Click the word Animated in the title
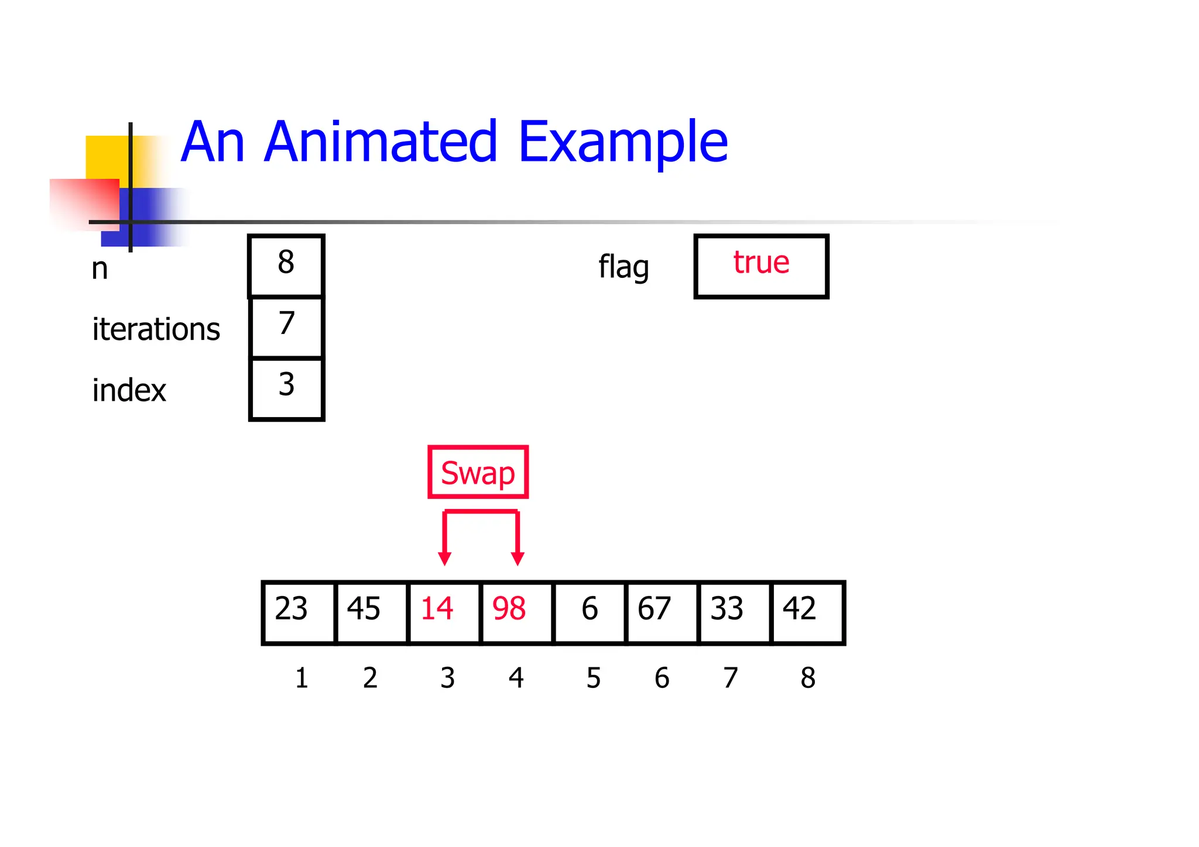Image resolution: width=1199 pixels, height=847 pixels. pos(380,142)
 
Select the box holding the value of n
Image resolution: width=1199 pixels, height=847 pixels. pos(286,266)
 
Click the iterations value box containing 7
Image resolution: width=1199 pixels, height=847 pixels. pos(286,327)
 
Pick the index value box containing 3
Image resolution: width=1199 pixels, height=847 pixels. pos(286,388)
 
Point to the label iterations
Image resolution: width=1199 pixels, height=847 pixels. pos(156,329)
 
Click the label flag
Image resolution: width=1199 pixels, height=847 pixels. pos(624,267)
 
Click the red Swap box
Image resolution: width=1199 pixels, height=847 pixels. pos(478,472)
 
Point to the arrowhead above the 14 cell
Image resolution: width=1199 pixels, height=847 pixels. pos(445,558)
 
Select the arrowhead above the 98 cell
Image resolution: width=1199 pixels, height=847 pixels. pos(518,558)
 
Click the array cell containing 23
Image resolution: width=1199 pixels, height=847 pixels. pos(299,612)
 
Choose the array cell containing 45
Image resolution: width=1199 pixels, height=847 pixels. pos(371,612)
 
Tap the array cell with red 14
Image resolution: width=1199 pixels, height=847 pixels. pos(444,612)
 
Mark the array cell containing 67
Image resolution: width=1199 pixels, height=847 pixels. pos(662,612)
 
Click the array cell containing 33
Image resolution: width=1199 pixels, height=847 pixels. pos(734,612)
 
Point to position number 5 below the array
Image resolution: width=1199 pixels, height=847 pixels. pos(594,678)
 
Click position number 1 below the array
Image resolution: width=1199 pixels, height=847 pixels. pos(302,678)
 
